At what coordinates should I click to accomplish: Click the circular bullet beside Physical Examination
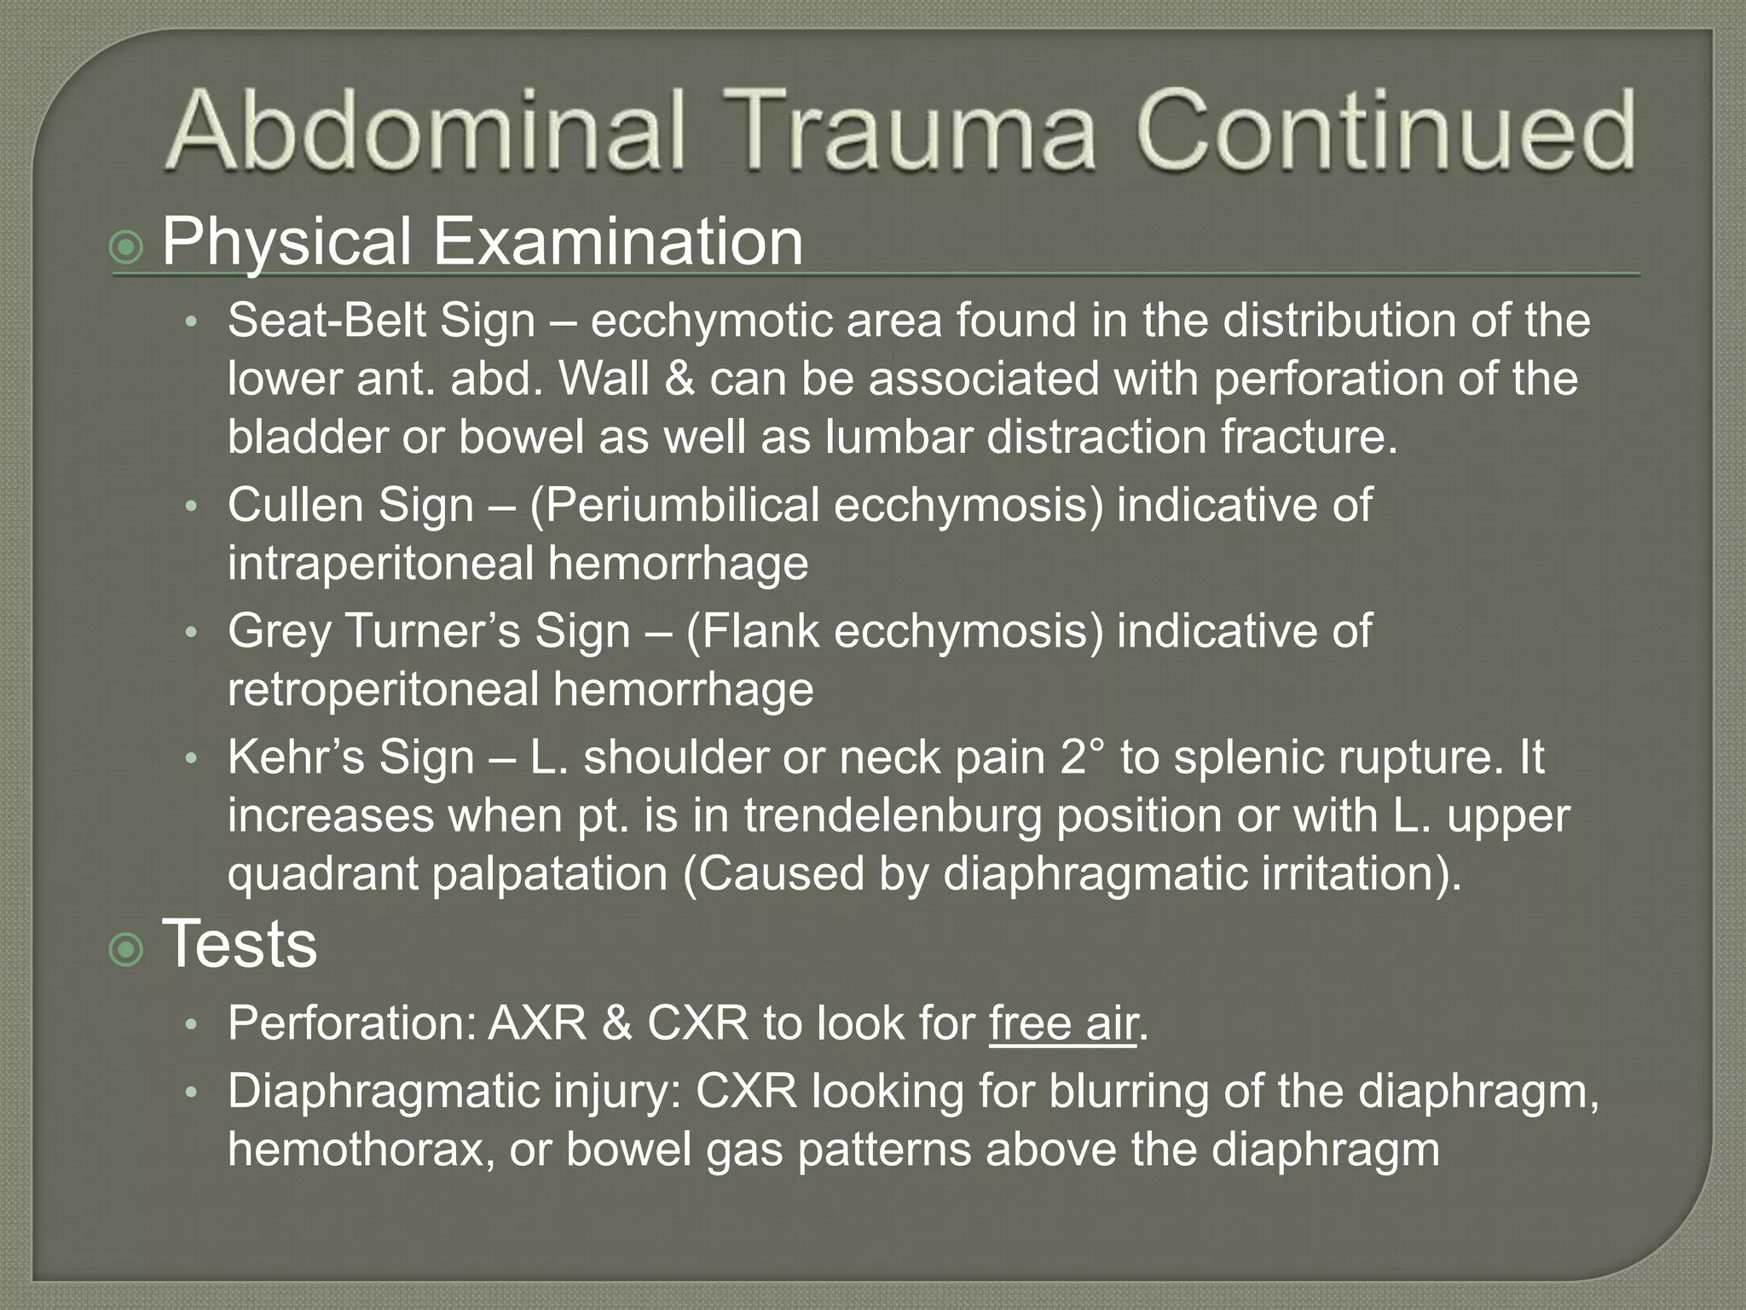pos(128,248)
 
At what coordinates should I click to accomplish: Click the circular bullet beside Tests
pos(128,950)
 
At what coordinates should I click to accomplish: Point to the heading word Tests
pos(240,944)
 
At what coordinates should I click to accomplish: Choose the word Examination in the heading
pos(618,242)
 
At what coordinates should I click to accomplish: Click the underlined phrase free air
pos(1063,1023)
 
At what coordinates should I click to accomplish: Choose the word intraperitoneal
pos(379,564)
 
